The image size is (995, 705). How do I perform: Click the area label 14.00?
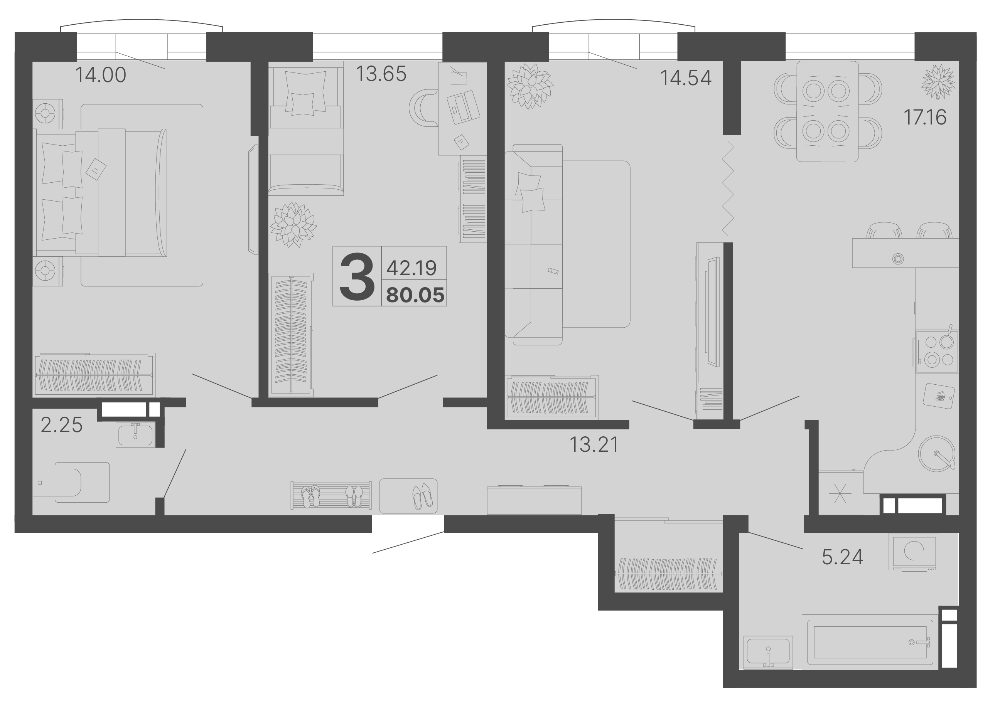[101, 75]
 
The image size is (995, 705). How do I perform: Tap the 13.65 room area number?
[381, 74]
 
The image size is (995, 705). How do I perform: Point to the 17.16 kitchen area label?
[925, 117]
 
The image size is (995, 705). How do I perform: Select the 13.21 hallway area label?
[594, 444]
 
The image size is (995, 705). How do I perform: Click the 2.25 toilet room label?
[62, 425]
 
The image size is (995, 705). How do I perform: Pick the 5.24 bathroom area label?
[842, 557]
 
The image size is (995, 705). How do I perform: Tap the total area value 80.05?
[416, 295]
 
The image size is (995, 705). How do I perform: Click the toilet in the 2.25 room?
[70, 482]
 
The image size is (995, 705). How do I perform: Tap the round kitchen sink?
[937, 454]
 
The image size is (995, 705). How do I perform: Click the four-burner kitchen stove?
[937, 351]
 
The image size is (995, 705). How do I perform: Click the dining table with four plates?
[827, 111]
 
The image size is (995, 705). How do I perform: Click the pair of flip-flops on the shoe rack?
[310, 496]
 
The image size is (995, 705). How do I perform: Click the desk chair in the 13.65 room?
[423, 108]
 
